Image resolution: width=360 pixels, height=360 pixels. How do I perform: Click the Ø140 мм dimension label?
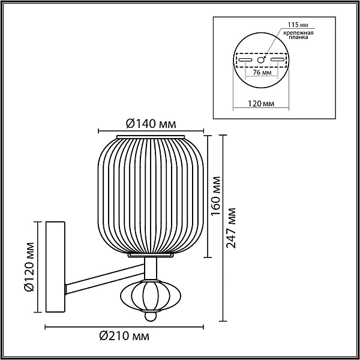pos(151,124)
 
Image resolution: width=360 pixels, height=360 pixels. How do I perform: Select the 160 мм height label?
pos(215,196)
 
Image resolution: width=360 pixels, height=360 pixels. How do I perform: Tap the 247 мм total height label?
pos(231,228)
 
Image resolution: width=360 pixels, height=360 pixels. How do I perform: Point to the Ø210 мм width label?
pos(124,336)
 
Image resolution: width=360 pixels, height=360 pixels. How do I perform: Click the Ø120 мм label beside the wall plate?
pos(29,266)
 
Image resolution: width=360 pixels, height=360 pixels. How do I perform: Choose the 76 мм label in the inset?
pos(262,73)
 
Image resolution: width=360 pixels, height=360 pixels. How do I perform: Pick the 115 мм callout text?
pos(298,25)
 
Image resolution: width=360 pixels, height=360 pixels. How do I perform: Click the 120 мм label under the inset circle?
pos(261,104)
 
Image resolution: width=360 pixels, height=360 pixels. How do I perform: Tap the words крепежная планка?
pos(298,35)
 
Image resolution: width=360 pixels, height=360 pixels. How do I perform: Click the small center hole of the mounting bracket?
pos(260,60)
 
